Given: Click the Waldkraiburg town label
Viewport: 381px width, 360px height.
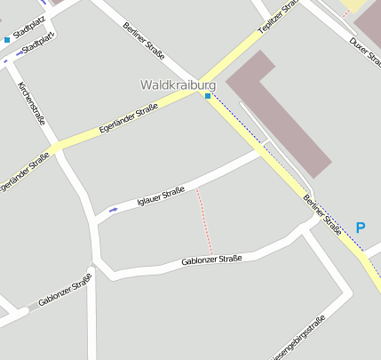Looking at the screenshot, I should tap(178, 84).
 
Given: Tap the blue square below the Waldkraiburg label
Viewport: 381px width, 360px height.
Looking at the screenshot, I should tap(208, 96).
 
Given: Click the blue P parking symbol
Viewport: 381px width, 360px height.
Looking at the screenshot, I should tap(360, 228).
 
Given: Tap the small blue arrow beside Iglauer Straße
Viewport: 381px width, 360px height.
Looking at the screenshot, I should tap(113, 210).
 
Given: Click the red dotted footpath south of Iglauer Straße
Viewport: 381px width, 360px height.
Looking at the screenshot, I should tap(204, 220).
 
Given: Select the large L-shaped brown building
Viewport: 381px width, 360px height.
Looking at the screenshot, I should tap(275, 107).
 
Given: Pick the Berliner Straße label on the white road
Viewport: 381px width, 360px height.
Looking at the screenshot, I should tap(146, 40).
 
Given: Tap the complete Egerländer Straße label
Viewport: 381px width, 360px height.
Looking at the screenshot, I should tap(129, 119).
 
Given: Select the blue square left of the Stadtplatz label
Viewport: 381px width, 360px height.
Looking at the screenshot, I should tap(7, 40).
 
